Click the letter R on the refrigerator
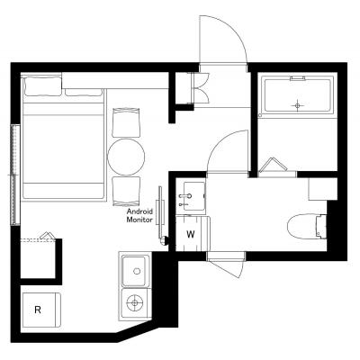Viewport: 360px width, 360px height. [x=38, y=310]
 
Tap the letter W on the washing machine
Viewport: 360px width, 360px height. [x=191, y=234]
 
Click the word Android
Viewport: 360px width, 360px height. [x=139, y=211]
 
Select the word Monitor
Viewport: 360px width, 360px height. [x=139, y=220]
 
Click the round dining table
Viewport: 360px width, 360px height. [x=126, y=157]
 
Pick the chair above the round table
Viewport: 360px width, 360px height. [x=126, y=122]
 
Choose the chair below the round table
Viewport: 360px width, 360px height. [x=126, y=192]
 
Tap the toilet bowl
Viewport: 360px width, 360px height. [x=302, y=226]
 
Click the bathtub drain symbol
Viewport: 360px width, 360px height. [x=297, y=105]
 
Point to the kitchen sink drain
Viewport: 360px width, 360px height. [x=137, y=271]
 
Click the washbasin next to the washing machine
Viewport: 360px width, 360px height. [x=191, y=196]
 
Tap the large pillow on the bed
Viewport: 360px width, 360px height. [x=42, y=86]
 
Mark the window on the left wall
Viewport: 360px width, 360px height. [x=15, y=175]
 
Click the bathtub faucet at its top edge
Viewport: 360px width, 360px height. [x=298, y=78]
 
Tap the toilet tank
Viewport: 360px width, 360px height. [x=322, y=226]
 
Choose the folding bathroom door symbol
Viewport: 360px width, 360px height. [x=273, y=165]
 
